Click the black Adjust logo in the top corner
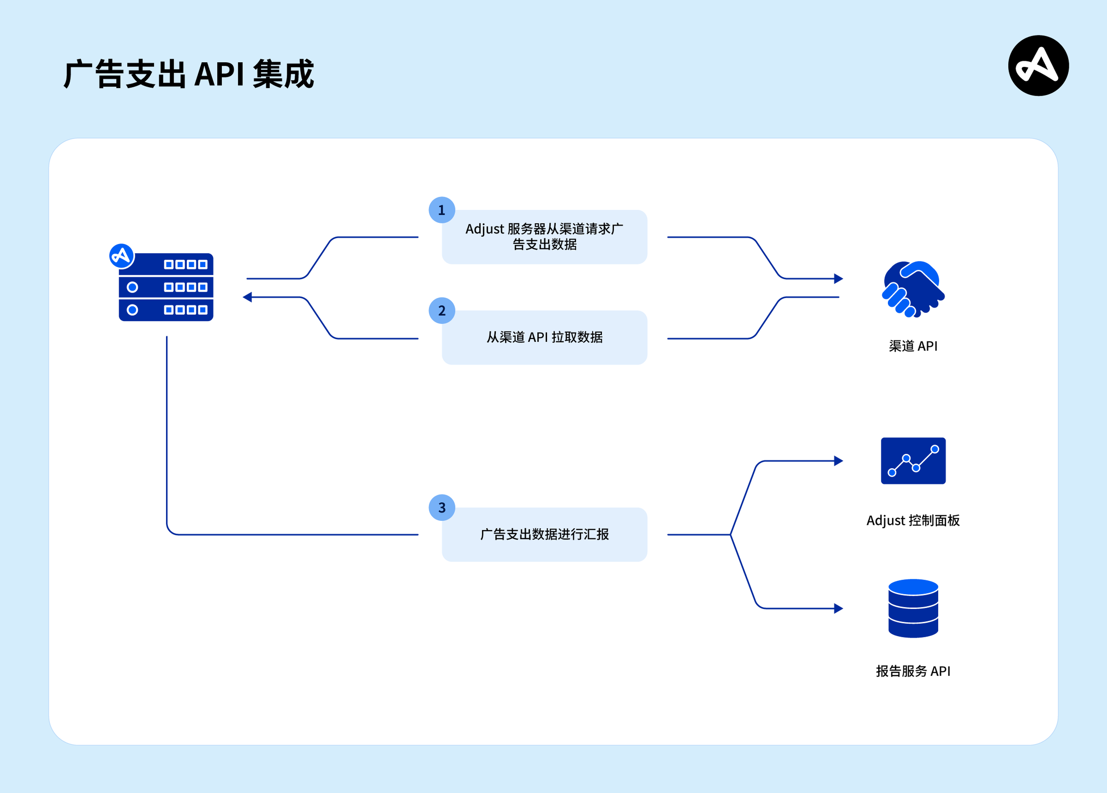point(1038,65)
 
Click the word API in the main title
point(219,74)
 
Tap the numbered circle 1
point(442,210)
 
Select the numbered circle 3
point(442,507)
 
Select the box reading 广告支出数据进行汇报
point(544,535)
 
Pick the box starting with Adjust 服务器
point(544,237)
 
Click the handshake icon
point(913,289)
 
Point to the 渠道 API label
point(913,346)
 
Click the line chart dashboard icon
point(913,461)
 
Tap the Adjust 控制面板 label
point(913,520)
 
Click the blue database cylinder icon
point(913,608)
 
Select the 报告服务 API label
point(913,671)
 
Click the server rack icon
point(166,287)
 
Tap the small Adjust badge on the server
point(121,256)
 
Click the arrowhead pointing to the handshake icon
point(839,279)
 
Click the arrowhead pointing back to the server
point(248,297)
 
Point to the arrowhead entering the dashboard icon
point(839,461)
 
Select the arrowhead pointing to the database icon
point(839,608)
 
